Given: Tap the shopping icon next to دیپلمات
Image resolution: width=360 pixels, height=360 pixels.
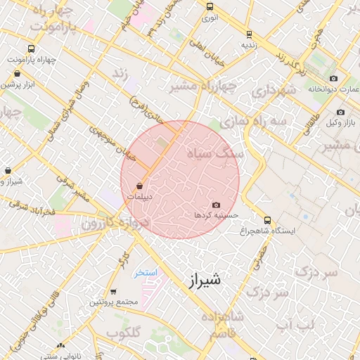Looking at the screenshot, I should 139,186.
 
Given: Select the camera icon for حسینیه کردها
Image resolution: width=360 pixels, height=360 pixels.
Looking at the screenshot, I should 216,205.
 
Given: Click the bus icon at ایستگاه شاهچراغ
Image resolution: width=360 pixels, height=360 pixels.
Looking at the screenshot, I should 267,219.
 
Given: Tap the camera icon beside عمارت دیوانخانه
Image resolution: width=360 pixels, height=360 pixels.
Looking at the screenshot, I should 333,78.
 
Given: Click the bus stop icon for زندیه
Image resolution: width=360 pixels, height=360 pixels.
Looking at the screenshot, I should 249,34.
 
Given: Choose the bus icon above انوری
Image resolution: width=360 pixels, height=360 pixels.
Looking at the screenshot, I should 210,6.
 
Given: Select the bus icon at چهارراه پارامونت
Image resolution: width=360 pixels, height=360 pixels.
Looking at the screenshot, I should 30,49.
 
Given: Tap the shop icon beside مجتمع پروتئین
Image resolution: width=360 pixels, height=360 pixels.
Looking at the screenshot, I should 114,292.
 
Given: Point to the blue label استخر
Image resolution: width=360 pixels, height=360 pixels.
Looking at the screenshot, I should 146,272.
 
